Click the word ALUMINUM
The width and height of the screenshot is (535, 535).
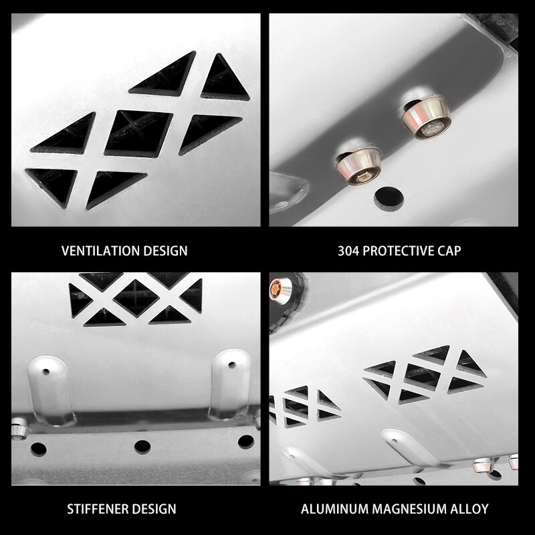pos(332,510)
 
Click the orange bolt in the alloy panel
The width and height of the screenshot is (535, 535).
pos(275,290)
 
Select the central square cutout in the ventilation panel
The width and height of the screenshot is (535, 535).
pos(138,130)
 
